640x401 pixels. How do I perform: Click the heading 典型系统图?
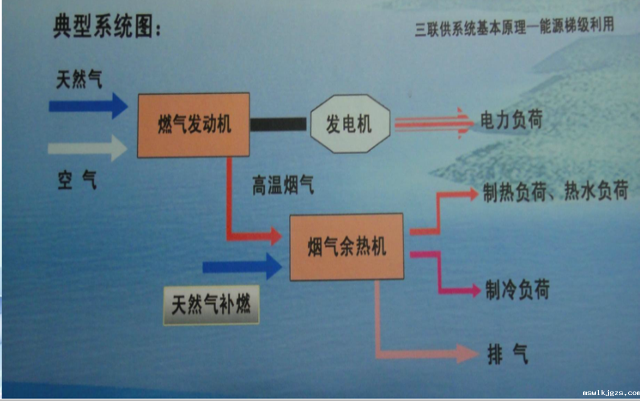107,26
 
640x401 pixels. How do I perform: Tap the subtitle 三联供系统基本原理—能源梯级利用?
514,27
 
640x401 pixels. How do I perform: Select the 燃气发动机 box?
193,125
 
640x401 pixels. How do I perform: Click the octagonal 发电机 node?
350,123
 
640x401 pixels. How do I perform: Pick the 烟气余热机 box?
347,246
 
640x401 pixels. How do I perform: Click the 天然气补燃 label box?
211,305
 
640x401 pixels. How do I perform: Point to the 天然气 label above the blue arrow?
79,79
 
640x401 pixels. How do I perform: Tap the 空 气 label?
77,180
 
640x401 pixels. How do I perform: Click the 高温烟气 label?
283,185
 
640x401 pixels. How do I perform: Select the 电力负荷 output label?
511,119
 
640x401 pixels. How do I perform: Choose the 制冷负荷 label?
517,289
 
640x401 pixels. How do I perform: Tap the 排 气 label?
508,354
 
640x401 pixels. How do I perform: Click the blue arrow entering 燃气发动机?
88,106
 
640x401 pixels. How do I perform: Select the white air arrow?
87,148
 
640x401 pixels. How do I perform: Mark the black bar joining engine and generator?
278,124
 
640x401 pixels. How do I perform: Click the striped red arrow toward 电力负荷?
434,123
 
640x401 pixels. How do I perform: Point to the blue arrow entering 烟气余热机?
242,266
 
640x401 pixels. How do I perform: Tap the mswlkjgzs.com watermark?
611,393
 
